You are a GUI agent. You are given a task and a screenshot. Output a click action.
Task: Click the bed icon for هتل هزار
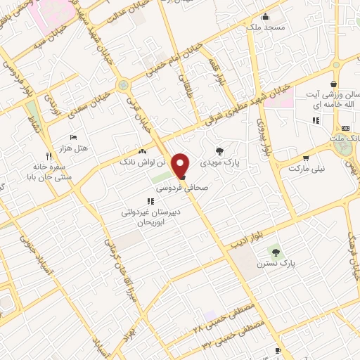pyautogui.click(x=74, y=137)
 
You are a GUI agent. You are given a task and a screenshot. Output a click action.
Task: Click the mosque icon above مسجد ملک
pyautogui.click(x=265, y=17)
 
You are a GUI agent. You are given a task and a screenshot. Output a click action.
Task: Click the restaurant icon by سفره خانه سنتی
pyautogui.click(x=49, y=156)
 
